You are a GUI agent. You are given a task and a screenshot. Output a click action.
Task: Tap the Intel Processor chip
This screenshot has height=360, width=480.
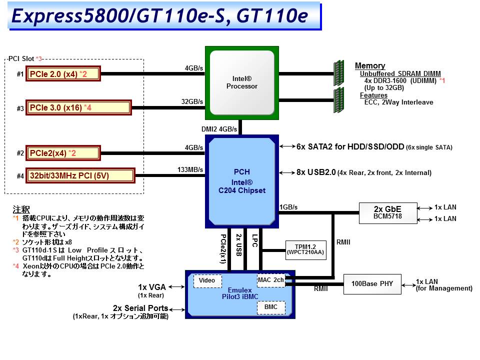click(x=242, y=83)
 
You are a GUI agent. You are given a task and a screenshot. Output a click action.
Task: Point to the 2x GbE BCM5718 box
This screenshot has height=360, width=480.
click(x=387, y=213)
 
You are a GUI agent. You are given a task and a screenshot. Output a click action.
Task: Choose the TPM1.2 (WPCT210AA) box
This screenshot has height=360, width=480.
click(x=305, y=248)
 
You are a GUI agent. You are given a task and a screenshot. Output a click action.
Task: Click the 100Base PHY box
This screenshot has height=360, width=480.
click(x=371, y=284)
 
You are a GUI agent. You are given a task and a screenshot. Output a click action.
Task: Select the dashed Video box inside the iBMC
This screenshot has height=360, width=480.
click(x=207, y=281)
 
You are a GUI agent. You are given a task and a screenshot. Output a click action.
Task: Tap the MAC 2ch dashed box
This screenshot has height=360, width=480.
click(x=271, y=280)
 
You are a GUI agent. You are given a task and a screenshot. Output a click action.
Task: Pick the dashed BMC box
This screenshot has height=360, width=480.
click(x=271, y=307)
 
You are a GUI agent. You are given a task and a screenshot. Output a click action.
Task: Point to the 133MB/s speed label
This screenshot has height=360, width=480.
click(x=190, y=170)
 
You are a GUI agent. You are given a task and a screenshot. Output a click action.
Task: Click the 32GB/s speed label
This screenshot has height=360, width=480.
click(x=192, y=101)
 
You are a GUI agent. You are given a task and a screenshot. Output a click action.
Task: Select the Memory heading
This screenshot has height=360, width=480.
click(x=370, y=66)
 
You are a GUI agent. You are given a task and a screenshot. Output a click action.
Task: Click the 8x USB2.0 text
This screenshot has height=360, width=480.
click(x=316, y=172)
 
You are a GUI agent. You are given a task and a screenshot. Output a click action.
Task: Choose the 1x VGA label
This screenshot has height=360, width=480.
click(x=153, y=287)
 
